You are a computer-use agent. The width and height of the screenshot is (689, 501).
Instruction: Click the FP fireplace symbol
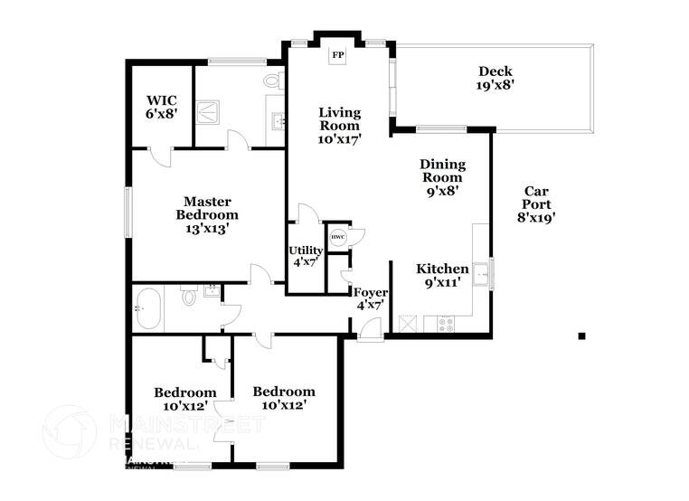click(338, 56)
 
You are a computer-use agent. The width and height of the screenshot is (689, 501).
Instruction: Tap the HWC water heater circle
click(337, 237)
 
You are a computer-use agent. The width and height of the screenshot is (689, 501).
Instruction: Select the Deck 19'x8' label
click(496, 78)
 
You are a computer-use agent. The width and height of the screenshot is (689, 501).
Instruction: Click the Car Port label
click(535, 203)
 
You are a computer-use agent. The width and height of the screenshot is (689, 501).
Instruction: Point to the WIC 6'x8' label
click(161, 107)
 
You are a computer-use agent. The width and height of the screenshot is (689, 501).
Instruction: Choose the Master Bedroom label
click(207, 215)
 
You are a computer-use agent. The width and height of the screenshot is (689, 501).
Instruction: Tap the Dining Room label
click(442, 177)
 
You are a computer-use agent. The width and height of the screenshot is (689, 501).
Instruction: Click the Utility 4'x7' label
click(306, 256)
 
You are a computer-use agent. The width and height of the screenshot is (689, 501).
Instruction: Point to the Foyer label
click(370, 298)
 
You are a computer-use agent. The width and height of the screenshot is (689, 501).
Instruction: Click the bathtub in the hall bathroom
click(149, 308)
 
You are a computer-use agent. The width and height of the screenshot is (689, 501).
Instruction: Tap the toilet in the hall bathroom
click(189, 295)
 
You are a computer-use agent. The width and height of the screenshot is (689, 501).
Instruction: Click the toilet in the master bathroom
click(272, 82)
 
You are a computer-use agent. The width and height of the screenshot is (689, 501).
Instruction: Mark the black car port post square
click(581, 336)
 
